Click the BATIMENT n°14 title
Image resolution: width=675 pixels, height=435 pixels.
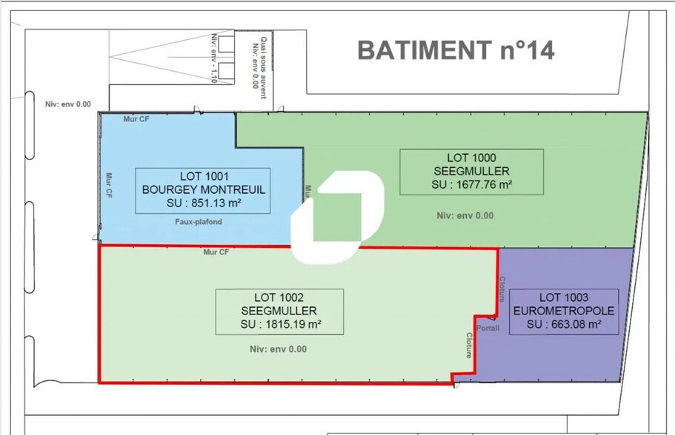(456, 50)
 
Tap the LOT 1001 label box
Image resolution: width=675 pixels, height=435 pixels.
(203, 190)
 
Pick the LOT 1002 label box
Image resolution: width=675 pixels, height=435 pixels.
(279, 311)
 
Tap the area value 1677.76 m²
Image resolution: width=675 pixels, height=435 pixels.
(471, 184)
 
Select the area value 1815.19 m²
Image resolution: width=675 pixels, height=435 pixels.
(280, 324)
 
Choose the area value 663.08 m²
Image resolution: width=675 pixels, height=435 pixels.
(564, 324)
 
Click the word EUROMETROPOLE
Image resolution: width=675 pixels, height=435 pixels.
(564, 311)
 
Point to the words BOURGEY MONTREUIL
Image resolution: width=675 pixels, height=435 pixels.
(203, 189)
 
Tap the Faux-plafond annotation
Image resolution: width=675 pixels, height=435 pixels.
(198, 222)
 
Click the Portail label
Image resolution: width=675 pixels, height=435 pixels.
(488, 328)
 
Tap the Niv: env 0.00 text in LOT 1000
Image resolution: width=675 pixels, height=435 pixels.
(465, 216)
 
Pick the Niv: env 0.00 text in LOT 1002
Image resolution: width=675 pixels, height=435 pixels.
(278, 349)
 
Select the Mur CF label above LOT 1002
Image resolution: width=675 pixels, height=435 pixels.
(216, 252)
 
